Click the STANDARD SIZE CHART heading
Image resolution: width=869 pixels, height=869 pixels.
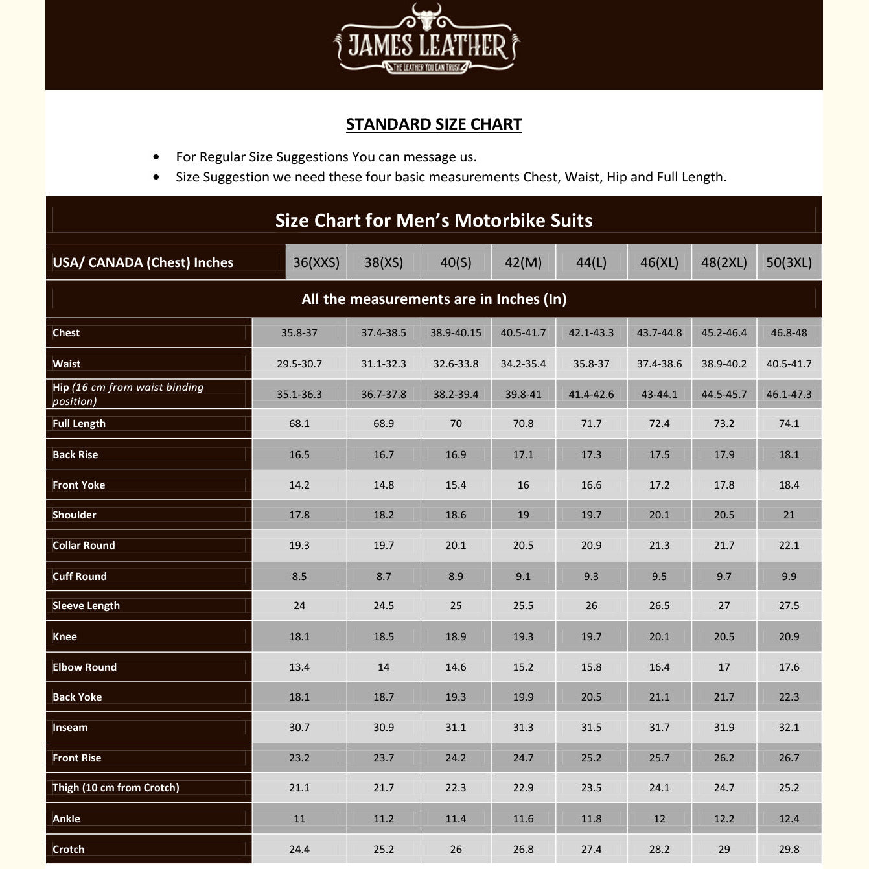coord(434,124)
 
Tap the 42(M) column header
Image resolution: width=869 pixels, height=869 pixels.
coord(523,262)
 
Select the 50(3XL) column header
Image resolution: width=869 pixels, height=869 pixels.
coord(789,262)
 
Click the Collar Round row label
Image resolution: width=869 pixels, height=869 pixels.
coord(84,546)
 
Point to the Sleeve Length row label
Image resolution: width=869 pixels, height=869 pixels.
coord(86,606)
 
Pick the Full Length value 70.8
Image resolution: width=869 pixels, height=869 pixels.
coord(523,424)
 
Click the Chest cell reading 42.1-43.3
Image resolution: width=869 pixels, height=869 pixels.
coord(591,333)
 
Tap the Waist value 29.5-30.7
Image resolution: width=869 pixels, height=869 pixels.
coord(299,364)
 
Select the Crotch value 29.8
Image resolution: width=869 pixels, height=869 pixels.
coord(789,850)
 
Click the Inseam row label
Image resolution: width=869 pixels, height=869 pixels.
coord(70,728)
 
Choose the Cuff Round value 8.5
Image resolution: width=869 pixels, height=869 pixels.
coord(299,577)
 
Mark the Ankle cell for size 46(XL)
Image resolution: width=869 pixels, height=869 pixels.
coord(659,819)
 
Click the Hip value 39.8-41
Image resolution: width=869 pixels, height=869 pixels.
coord(523,395)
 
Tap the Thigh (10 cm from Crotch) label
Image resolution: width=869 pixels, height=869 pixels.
coord(116,788)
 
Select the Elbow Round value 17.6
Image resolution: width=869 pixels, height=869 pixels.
coord(789,667)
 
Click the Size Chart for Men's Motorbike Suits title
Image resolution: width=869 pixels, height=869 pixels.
coord(434,220)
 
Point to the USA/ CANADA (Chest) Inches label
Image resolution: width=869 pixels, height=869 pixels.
coord(143,262)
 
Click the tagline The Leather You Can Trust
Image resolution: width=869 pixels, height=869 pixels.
coord(427,67)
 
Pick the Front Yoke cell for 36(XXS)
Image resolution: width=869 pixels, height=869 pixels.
coord(299,485)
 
